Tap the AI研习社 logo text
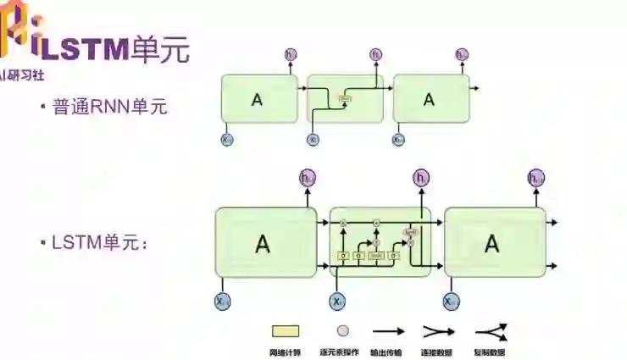23,74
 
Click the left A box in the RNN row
259,99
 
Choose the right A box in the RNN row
430,99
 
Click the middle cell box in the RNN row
345,99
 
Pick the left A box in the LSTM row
264,244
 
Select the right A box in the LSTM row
494,243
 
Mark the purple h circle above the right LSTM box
535,178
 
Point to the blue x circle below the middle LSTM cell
337,301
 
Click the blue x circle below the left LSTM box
223,301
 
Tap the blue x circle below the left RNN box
227,140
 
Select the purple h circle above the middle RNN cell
376,56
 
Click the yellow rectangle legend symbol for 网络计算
285,331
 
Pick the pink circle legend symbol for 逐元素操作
342,331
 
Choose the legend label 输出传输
389,352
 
